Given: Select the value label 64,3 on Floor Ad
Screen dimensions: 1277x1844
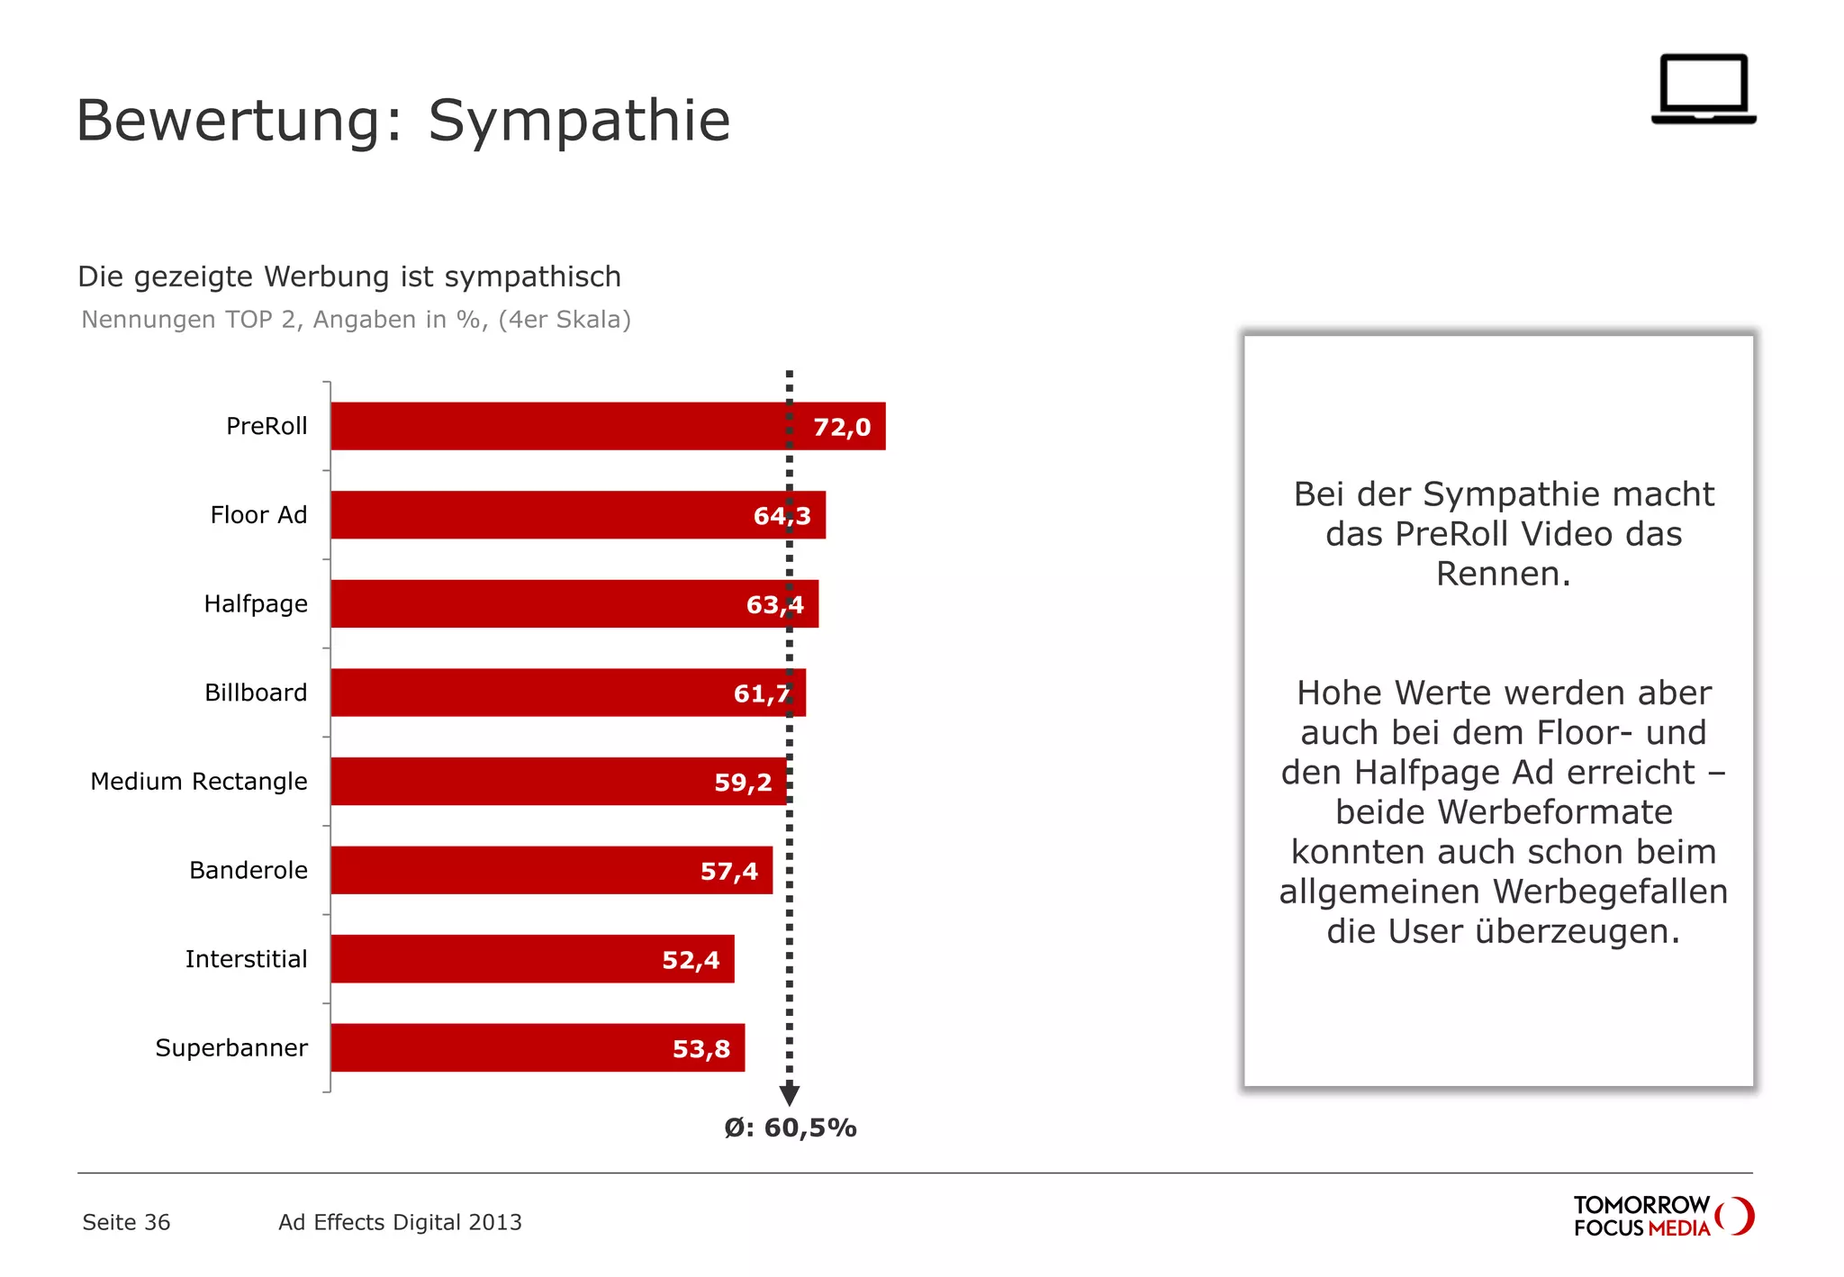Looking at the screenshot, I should point(782,516).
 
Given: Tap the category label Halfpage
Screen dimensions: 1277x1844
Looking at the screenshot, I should point(256,603).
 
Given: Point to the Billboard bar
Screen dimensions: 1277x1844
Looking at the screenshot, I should point(540,693).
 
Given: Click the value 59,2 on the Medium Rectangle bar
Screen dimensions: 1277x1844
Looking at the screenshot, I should point(743,783).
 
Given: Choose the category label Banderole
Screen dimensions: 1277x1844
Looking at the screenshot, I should point(249,870).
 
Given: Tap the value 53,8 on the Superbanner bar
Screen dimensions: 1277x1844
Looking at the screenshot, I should point(701,1049).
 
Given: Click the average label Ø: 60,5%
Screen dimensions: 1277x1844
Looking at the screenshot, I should point(791,1128).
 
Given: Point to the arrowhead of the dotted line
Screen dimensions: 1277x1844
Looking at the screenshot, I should point(790,1095).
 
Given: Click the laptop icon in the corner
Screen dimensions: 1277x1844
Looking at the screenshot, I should point(1704,89).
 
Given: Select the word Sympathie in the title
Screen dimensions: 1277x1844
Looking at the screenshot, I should point(579,121).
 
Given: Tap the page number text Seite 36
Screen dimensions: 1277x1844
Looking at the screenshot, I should point(126,1222).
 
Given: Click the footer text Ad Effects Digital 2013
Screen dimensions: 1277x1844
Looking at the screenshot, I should point(400,1222).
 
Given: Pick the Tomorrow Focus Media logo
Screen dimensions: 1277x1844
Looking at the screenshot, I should point(1663,1216).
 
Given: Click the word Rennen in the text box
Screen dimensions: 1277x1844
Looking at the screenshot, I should point(1502,574).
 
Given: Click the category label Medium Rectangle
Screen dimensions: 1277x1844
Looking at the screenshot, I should point(199,782).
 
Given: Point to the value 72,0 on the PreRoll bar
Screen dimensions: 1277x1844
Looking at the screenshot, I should point(842,427).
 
